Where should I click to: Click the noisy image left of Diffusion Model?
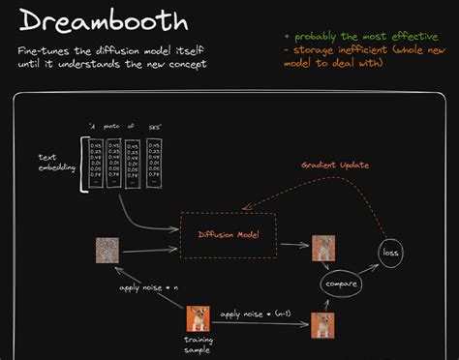[x=107, y=249]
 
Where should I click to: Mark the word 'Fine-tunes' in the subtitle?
[x=36, y=48]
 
